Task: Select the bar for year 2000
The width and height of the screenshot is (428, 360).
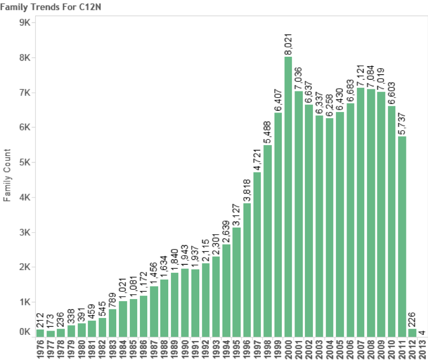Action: click(x=288, y=197)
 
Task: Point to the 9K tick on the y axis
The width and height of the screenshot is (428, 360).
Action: click(x=24, y=23)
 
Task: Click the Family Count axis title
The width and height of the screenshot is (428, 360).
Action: click(x=7, y=176)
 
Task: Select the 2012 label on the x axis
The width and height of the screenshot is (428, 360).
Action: click(x=412, y=349)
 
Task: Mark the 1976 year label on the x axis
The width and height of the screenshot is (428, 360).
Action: click(x=40, y=349)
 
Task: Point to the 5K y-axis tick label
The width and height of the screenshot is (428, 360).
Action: click(x=24, y=162)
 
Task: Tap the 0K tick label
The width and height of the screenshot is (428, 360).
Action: click(x=24, y=332)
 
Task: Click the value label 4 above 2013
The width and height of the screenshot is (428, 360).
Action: click(x=422, y=332)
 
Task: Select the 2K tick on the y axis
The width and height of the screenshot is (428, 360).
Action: click(x=24, y=267)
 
